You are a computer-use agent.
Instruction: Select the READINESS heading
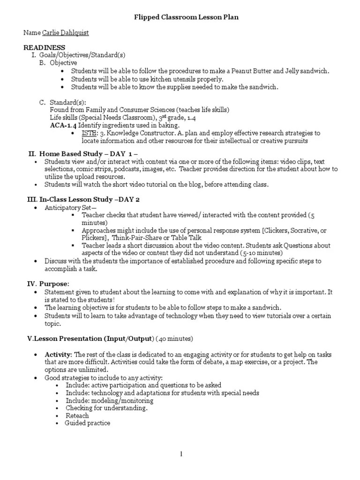pyautogui.click(x=45, y=48)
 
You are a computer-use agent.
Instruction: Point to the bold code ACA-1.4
pyautogui.click(x=63, y=126)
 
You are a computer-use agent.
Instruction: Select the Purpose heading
pyautogui.click(x=54, y=284)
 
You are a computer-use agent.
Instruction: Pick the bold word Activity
pyautogui.click(x=58, y=354)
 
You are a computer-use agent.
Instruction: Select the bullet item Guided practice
pyautogui.click(x=88, y=423)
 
